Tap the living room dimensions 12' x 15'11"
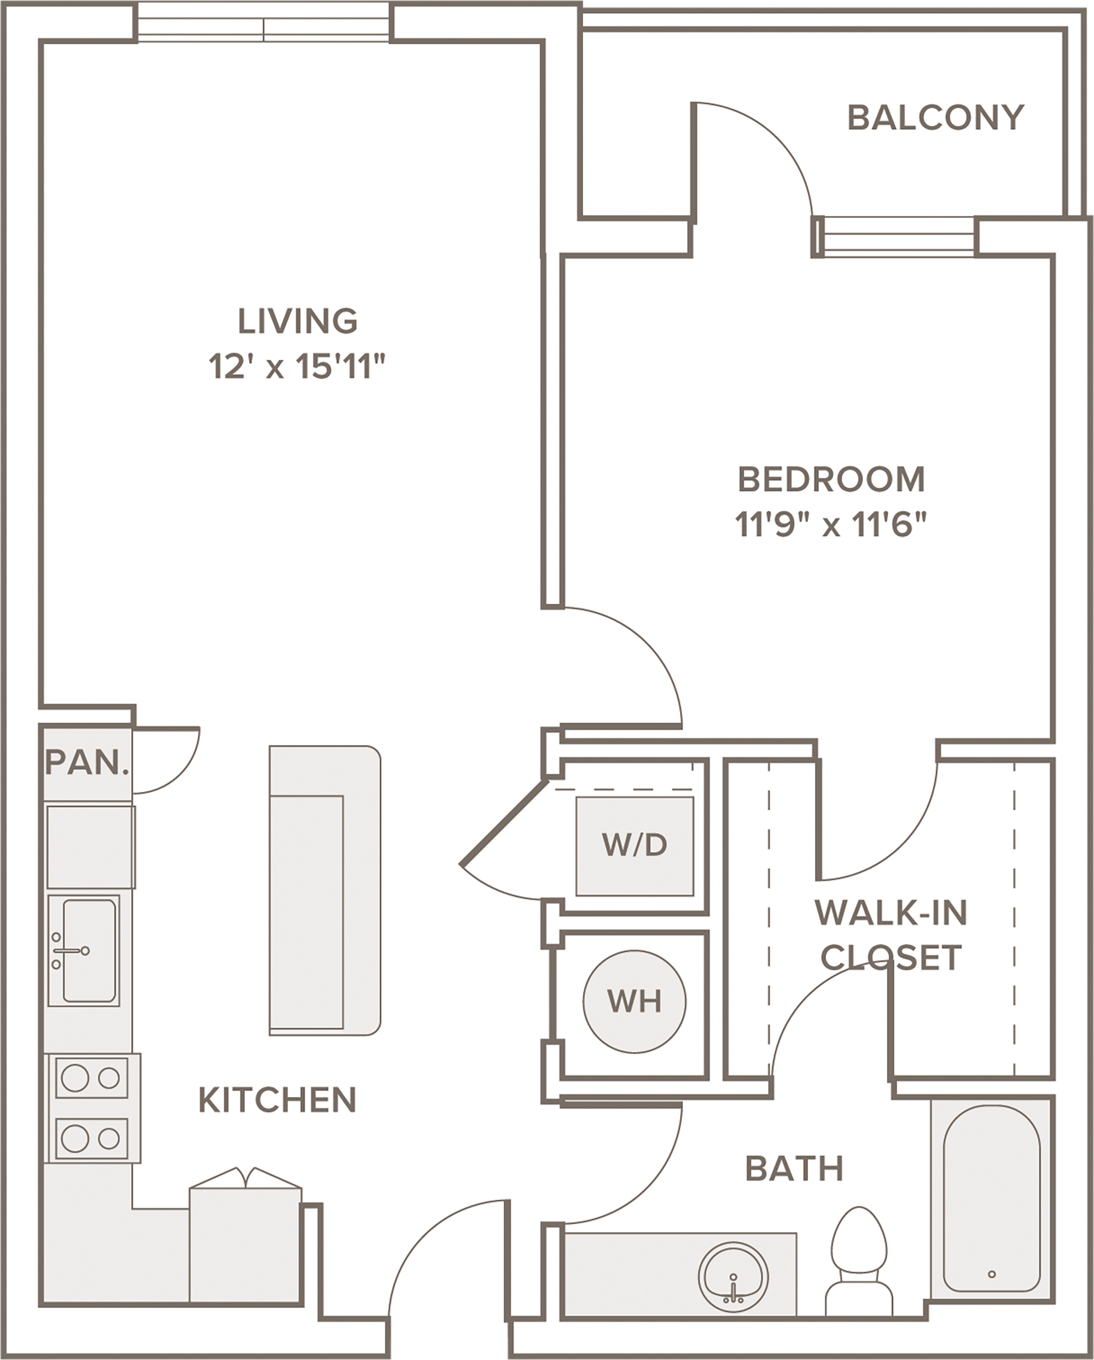(296, 366)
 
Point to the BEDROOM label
(831, 479)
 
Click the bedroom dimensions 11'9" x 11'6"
(831, 524)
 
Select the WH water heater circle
(634, 1002)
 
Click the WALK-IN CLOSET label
(891, 935)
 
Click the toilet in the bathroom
(859, 1261)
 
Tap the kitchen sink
(83, 951)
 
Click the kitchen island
(325, 890)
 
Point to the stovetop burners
(92, 1108)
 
